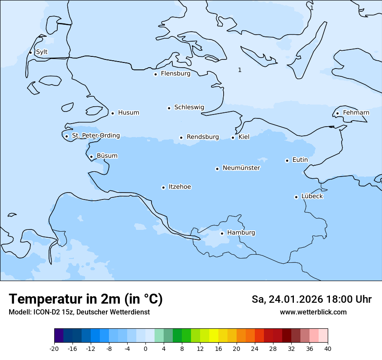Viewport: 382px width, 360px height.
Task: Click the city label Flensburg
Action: tap(175, 74)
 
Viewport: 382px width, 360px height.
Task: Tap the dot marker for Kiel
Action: tap(233, 137)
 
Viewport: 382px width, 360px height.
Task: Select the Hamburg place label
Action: tap(241, 233)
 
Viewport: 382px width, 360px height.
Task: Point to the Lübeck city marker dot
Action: tap(296, 197)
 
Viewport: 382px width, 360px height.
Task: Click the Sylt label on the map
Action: tap(42, 52)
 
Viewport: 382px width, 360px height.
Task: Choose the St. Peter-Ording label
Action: tap(96, 136)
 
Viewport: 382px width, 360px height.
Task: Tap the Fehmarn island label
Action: tap(356, 113)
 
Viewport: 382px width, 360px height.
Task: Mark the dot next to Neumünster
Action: tap(217, 169)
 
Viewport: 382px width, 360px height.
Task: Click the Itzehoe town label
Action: tap(180, 187)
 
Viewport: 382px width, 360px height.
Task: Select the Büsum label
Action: tap(107, 156)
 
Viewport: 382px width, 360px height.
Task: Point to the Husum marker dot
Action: tap(113, 113)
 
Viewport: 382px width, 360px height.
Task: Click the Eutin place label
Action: tap(300, 160)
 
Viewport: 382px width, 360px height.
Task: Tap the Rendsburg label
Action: tap(203, 137)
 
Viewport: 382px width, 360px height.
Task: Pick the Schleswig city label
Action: tap(189, 107)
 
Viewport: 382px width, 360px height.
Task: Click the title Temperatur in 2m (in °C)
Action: tap(86, 299)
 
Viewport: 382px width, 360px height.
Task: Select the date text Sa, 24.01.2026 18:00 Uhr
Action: tap(311, 299)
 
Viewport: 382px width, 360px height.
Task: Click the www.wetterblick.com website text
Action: tap(313, 312)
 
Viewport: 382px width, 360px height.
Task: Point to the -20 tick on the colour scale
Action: tap(54, 349)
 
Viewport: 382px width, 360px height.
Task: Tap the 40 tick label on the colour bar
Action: tap(328, 349)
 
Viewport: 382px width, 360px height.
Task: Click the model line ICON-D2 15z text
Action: tap(79, 312)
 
